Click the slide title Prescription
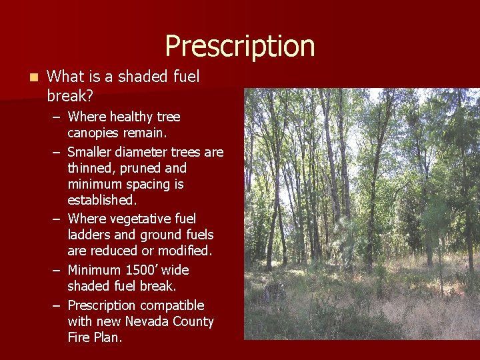239,45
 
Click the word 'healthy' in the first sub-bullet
131,117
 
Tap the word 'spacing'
149,184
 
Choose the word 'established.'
101,200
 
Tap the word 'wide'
175,270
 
